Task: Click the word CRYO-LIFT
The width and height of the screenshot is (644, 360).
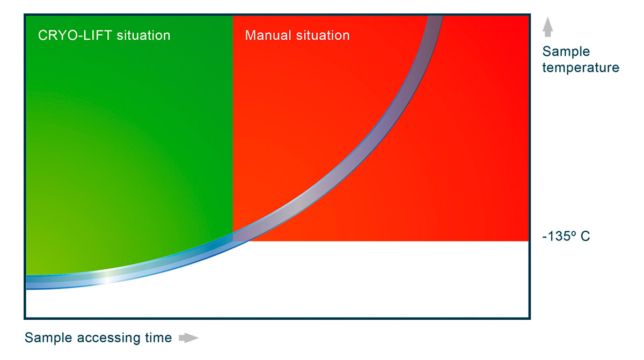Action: pyautogui.click(x=75, y=35)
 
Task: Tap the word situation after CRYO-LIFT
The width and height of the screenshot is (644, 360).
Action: pyautogui.click(x=143, y=35)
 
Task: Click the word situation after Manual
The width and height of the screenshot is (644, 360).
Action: pyautogui.click(x=323, y=35)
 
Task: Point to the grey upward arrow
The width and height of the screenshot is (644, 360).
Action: pyautogui.click(x=548, y=27)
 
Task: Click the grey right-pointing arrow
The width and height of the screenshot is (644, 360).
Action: pyautogui.click(x=188, y=337)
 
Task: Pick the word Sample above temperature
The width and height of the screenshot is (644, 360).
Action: pyautogui.click(x=566, y=52)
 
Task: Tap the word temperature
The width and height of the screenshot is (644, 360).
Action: pyautogui.click(x=581, y=68)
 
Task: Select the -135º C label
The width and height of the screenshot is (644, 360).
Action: pyautogui.click(x=566, y=236)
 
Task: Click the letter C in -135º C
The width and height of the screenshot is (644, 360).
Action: pyautogui.click(x=585, y=236)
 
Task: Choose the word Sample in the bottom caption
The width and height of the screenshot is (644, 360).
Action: pyautogui.click(x=48, y=337)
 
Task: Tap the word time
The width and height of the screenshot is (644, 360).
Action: pyautogui.click(x=158, y=337)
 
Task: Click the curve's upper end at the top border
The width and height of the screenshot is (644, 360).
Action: pyautogui.click(x=436, y=17)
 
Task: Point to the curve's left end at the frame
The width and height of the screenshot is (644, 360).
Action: pyautogui.click(x=26, y=282)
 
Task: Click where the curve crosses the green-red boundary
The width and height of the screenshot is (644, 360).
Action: pyautogui.click(x=233, y=237)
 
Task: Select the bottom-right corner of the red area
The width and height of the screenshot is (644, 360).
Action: pyautogui.click(x=529, y=241)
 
